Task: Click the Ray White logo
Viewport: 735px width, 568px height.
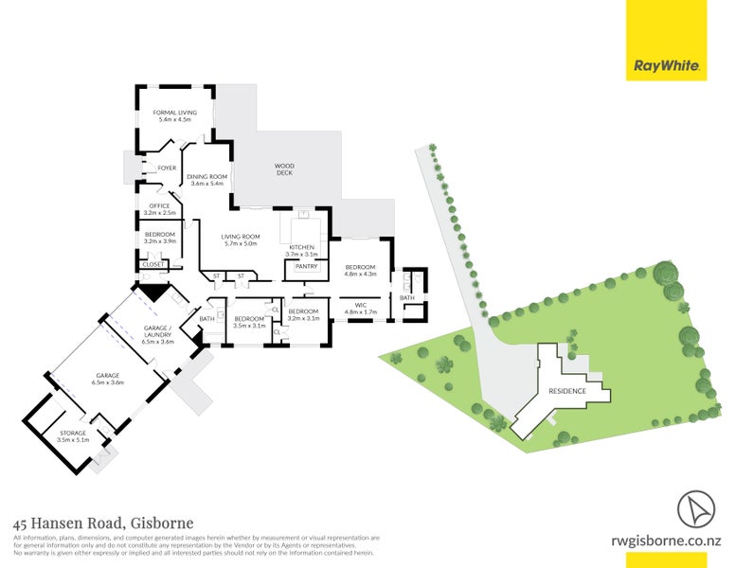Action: (667, 66)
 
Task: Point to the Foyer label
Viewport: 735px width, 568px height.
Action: (167, 168)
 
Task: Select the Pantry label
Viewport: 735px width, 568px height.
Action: (306, 267)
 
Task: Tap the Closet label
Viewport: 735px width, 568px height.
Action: (153, 264)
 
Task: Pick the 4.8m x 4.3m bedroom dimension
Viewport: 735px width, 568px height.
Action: (361, 275)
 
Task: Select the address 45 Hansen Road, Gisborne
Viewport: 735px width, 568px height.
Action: (103, 523)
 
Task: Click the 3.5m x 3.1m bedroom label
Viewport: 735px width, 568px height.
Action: (251, 322)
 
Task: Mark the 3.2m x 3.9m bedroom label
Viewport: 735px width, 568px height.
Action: (160, 238)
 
